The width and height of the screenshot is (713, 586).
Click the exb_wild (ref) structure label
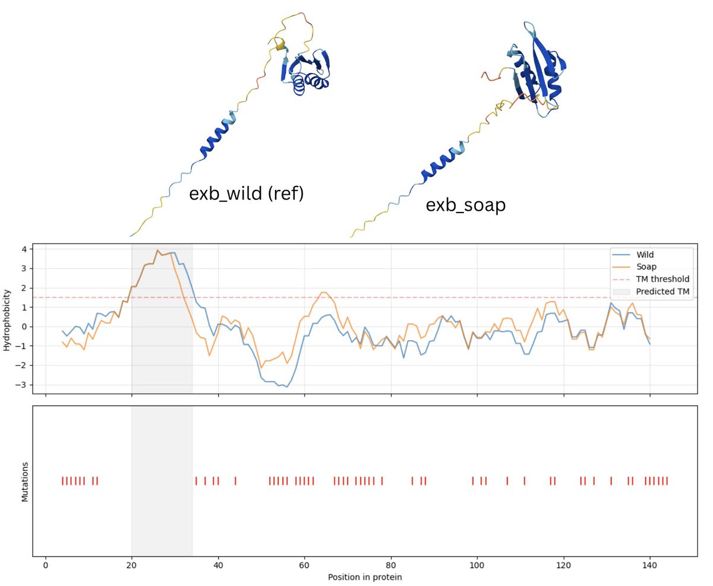(x=246, y=194)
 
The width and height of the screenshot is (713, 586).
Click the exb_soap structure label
(x=466, y=205)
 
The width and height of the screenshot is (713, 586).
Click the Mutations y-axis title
(x=25, y=481)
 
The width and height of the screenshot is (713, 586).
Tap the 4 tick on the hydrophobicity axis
(x=24, y=249)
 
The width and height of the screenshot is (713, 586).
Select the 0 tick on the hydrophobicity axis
(x=24, y=327)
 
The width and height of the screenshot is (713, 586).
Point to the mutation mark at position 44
(x=235, y=481)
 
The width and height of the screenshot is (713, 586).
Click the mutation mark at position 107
(x=507, y=481)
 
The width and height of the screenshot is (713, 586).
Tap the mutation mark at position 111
(x=524, y=481)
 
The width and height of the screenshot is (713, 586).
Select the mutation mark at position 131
(x=611, y=481)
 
